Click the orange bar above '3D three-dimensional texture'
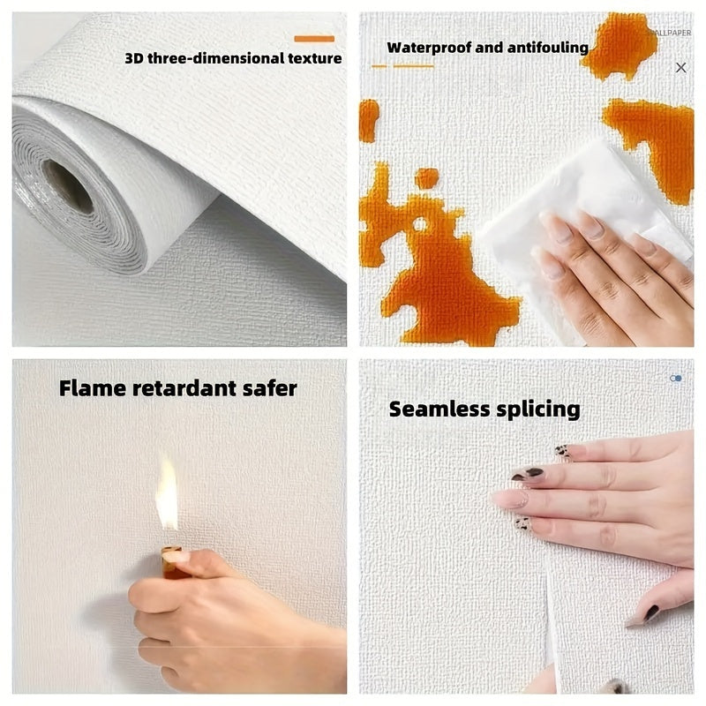pyautogui.click(x=313, y=39)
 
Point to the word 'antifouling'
pyautogui.click(x=546, y=48)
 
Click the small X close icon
pyautogui.click(x=680, y=67)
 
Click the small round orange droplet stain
pyautogui.click(x=427, y=178)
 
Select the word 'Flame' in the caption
pyautogui.click(x=91, y=387)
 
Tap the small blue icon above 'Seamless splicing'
pyautogui.click(x=676, y=378)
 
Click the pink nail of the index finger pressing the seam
pyautogui.click(x=509, y=499)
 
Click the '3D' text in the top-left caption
pyautogui.click(x=134, y=59)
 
